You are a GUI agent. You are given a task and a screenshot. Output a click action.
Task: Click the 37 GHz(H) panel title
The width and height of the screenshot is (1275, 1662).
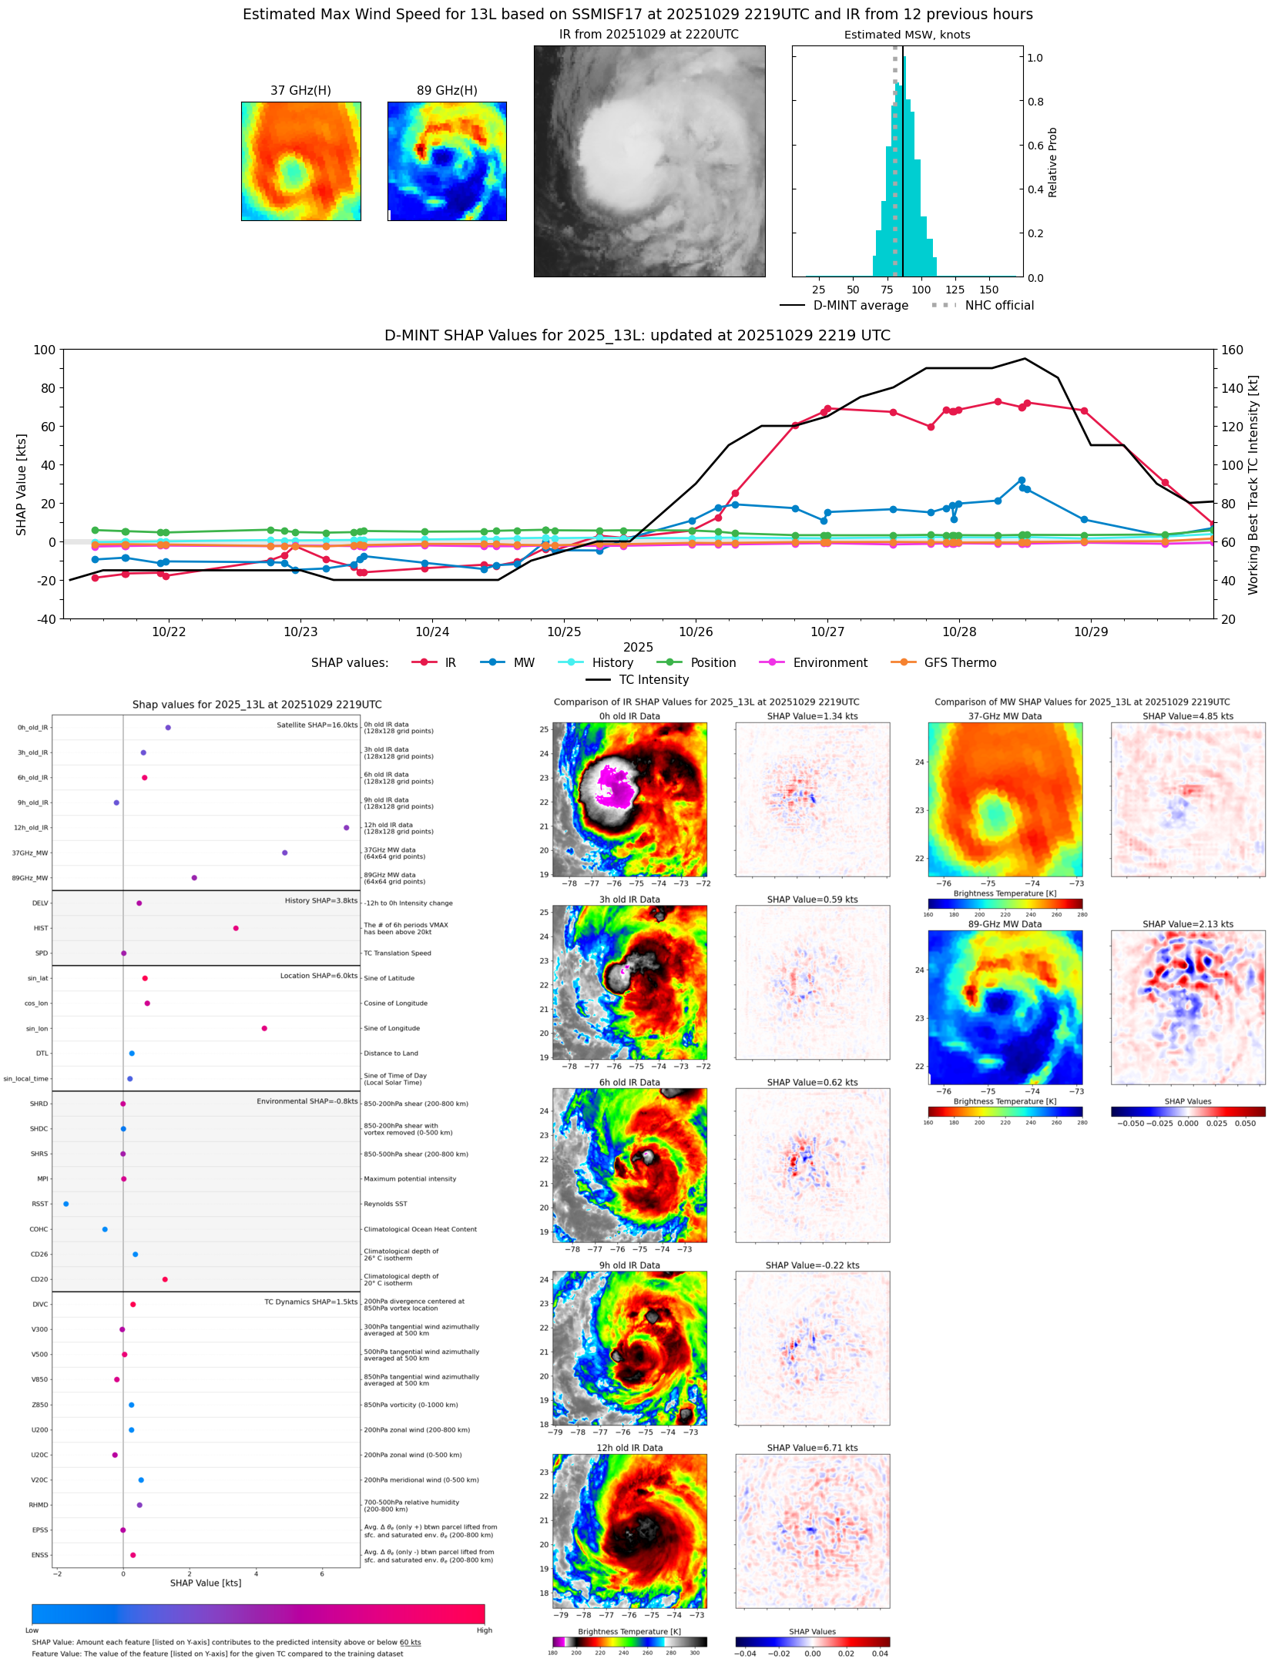[300, 91]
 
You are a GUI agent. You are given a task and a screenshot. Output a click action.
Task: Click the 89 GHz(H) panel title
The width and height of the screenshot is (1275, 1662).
[447, 91]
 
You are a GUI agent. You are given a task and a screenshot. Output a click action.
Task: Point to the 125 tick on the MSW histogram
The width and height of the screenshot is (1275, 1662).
[955, 290]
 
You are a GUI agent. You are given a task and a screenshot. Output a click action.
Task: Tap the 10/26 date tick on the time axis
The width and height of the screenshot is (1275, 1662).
[696, 632]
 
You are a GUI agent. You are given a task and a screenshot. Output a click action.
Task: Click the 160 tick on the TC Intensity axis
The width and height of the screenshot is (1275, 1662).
[1233, 350]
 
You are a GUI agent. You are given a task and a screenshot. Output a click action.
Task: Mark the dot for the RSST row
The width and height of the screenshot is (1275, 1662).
[65, 1204]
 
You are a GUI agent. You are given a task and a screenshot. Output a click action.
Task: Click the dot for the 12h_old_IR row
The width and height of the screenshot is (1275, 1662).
[346, 828]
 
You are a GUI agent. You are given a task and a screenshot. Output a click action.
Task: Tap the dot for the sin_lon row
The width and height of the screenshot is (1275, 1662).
[264, 1028]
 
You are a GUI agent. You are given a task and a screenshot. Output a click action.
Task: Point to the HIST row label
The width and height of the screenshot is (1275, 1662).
[41, 928]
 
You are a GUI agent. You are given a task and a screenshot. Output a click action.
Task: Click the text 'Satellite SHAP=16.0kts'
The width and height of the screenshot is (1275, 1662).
[317, 725]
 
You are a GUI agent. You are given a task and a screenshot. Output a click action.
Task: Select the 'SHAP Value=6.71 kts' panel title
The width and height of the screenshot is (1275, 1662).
[812, 1448]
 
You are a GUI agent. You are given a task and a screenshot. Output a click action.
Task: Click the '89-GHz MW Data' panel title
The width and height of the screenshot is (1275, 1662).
[1005, 924]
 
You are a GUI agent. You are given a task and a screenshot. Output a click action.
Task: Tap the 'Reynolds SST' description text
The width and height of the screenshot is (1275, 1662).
[385, 1204]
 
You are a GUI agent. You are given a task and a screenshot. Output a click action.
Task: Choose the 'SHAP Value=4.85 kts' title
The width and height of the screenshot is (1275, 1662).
[1188, 716]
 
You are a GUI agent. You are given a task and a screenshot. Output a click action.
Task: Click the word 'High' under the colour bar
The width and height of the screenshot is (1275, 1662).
[484, 1630]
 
